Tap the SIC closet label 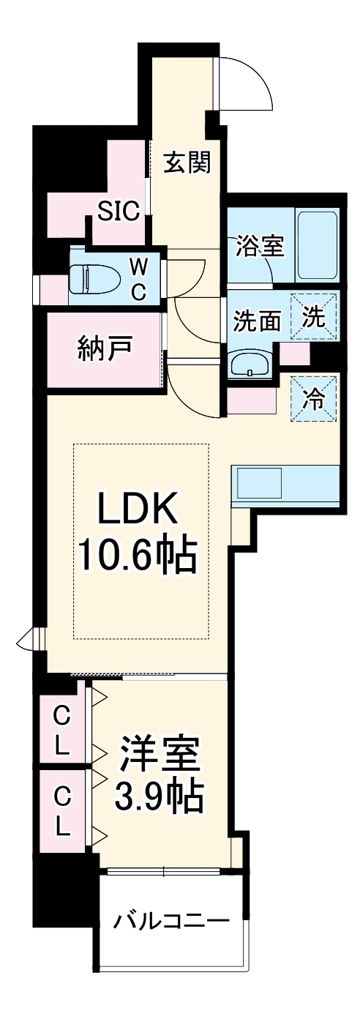pyautogui.click(x=119, y=212)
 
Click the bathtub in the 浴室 pyautogui.click(x=317, y=245)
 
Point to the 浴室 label pyautogui.click(x=259, y=246)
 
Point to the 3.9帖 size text pyautogui.click(x=158, y=798)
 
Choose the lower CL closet pyautogui.click(x=62, y=811)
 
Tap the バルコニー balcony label pyautogui.click(x=170, y=919)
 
